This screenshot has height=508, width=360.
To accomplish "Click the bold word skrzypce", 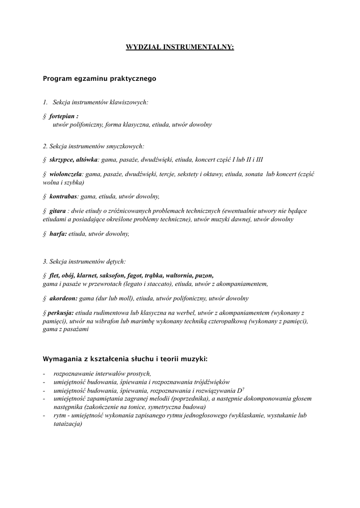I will point(61,160).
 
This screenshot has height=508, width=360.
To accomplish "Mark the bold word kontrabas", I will point(64,196).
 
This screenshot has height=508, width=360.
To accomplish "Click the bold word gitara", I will point(58,211).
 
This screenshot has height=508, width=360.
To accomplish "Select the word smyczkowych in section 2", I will point(128,146).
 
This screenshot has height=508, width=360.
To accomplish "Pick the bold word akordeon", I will point(63,299).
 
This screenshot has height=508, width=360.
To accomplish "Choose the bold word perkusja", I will point(61,313).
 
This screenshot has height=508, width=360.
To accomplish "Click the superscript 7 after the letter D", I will point(243,388).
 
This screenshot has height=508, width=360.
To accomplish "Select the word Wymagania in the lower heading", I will point(61,358).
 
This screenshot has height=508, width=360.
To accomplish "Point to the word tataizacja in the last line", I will point(68,424).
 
